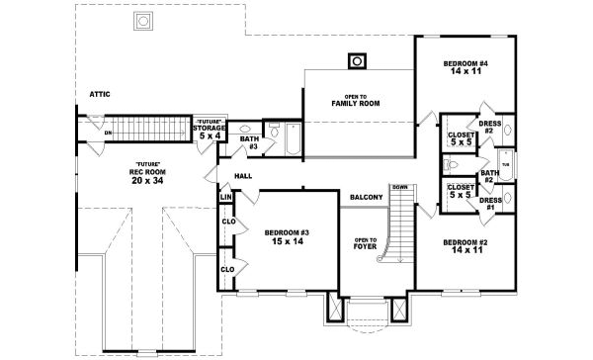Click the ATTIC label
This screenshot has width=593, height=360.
click(x=100, y=94)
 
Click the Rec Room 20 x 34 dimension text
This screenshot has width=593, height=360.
click(x=144, y=175)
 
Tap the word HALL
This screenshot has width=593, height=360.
click(x=243, y=176)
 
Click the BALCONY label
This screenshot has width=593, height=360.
click(x=366, y=198)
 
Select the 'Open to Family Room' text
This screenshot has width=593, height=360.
click(x=355, y=99)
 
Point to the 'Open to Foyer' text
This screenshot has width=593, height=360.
click(x=365, y=243)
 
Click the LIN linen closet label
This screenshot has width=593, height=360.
click(x=225, y=198)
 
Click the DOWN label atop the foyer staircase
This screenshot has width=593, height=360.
click(x=398, y=187)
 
